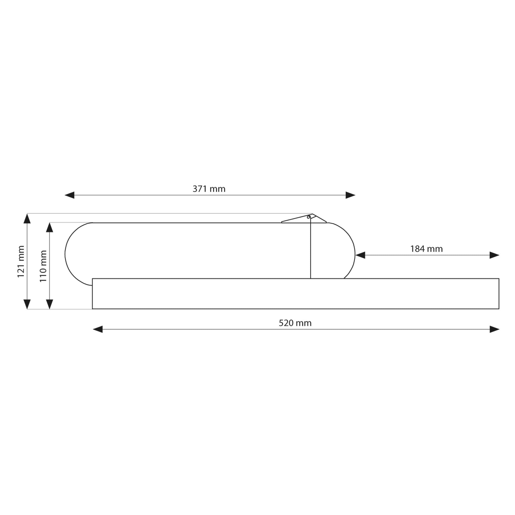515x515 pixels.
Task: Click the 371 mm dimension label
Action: point(209,189)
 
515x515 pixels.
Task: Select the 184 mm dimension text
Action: point(426,249)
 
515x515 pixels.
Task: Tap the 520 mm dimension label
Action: point(295,323)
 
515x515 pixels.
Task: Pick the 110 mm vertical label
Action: point(43,266)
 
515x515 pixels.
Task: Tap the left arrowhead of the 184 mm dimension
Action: point(360,255)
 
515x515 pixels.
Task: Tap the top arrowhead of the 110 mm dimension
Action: point(50,227)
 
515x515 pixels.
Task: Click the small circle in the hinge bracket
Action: point(308,217)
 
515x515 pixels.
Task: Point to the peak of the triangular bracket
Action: point(312,214)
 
